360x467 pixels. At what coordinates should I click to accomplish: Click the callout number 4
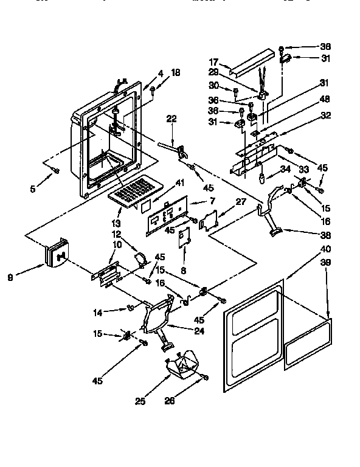click(x=161, y=74)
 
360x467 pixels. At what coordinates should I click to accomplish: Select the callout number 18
click(x=176, y=74)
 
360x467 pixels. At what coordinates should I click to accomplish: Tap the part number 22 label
click(x=171, y=119)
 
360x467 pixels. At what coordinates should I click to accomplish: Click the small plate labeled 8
click(x=183, y=238)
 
